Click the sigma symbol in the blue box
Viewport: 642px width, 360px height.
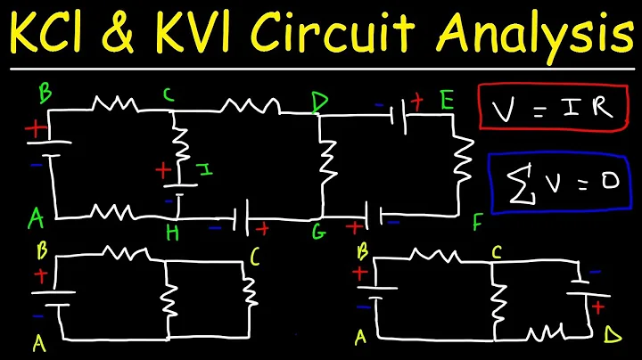[x=514, y=183]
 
